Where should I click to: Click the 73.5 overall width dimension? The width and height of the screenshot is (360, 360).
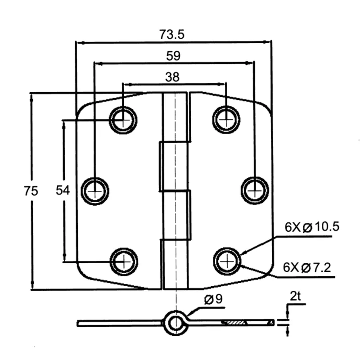pos(172,34)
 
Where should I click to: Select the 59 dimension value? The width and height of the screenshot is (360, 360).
pos(173,56)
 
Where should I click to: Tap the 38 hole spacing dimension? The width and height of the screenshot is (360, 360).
pos(172,77)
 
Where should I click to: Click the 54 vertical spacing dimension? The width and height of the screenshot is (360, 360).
pos(63,191)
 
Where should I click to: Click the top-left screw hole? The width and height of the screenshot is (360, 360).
pos(123,120)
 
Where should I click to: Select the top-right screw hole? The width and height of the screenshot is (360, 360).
pos(226,120)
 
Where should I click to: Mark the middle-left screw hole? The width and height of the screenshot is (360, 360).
pos(95,191)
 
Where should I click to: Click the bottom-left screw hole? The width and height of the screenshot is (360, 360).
pos(123,261)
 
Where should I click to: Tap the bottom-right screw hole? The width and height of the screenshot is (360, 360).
pos(227,261)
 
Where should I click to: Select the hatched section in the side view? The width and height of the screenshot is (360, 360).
pos(234,323)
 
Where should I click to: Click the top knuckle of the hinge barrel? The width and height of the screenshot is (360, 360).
pos(175,117)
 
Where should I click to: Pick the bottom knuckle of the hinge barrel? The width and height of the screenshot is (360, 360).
pos(175,263)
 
